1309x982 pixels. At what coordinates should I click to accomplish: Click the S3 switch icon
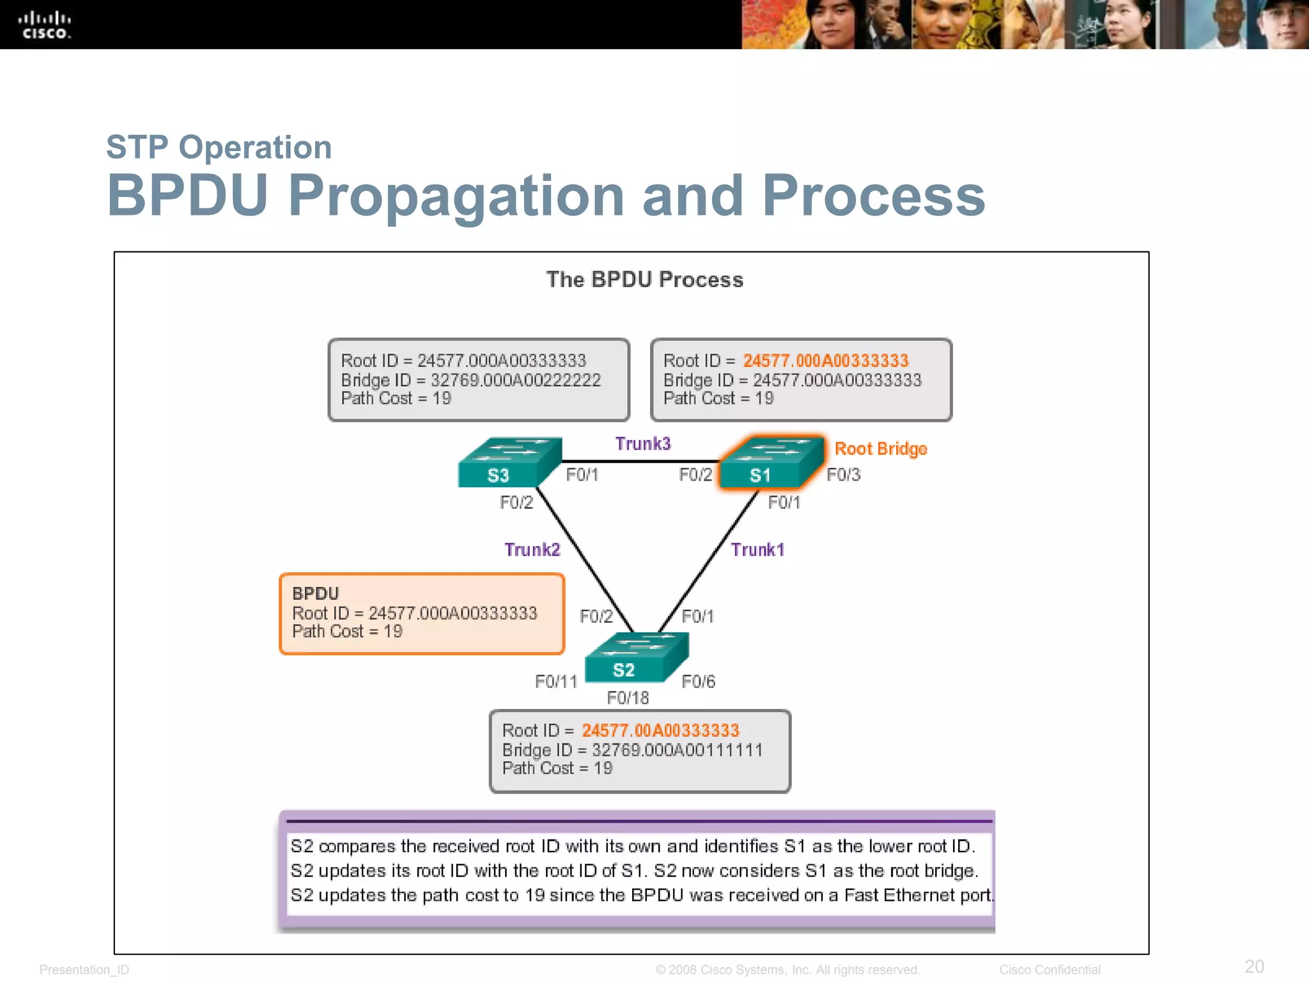(509, 463)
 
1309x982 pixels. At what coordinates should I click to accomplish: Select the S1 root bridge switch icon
(771, 463)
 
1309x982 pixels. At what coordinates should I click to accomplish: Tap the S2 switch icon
(636, 658)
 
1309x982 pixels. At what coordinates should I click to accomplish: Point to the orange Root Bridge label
(880, 449)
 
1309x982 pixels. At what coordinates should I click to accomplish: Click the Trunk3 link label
(642, 444)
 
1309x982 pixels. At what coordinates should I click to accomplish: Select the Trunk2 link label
(532, 550)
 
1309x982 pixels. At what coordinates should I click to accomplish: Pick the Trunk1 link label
(757, 550)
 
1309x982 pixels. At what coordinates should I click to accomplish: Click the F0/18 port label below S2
(628, 698)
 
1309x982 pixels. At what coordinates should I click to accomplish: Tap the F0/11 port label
(556, 682)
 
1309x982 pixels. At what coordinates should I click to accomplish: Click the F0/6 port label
(698, 682)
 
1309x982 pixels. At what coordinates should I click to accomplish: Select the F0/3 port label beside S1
(843, 475)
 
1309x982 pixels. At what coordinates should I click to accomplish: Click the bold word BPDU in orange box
(315, 593)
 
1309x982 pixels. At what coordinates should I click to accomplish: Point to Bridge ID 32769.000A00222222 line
(470, 380)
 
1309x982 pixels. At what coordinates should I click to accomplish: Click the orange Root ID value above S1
(825, 361)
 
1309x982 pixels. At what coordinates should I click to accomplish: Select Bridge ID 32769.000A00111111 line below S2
(632, 750)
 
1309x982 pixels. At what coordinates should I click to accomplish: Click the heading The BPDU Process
(644, 280)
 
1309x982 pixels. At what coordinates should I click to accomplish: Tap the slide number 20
(1254, 966)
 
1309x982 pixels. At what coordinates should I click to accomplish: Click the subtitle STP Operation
(219, 148)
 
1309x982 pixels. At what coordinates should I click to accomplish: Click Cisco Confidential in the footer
(1050, 970)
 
